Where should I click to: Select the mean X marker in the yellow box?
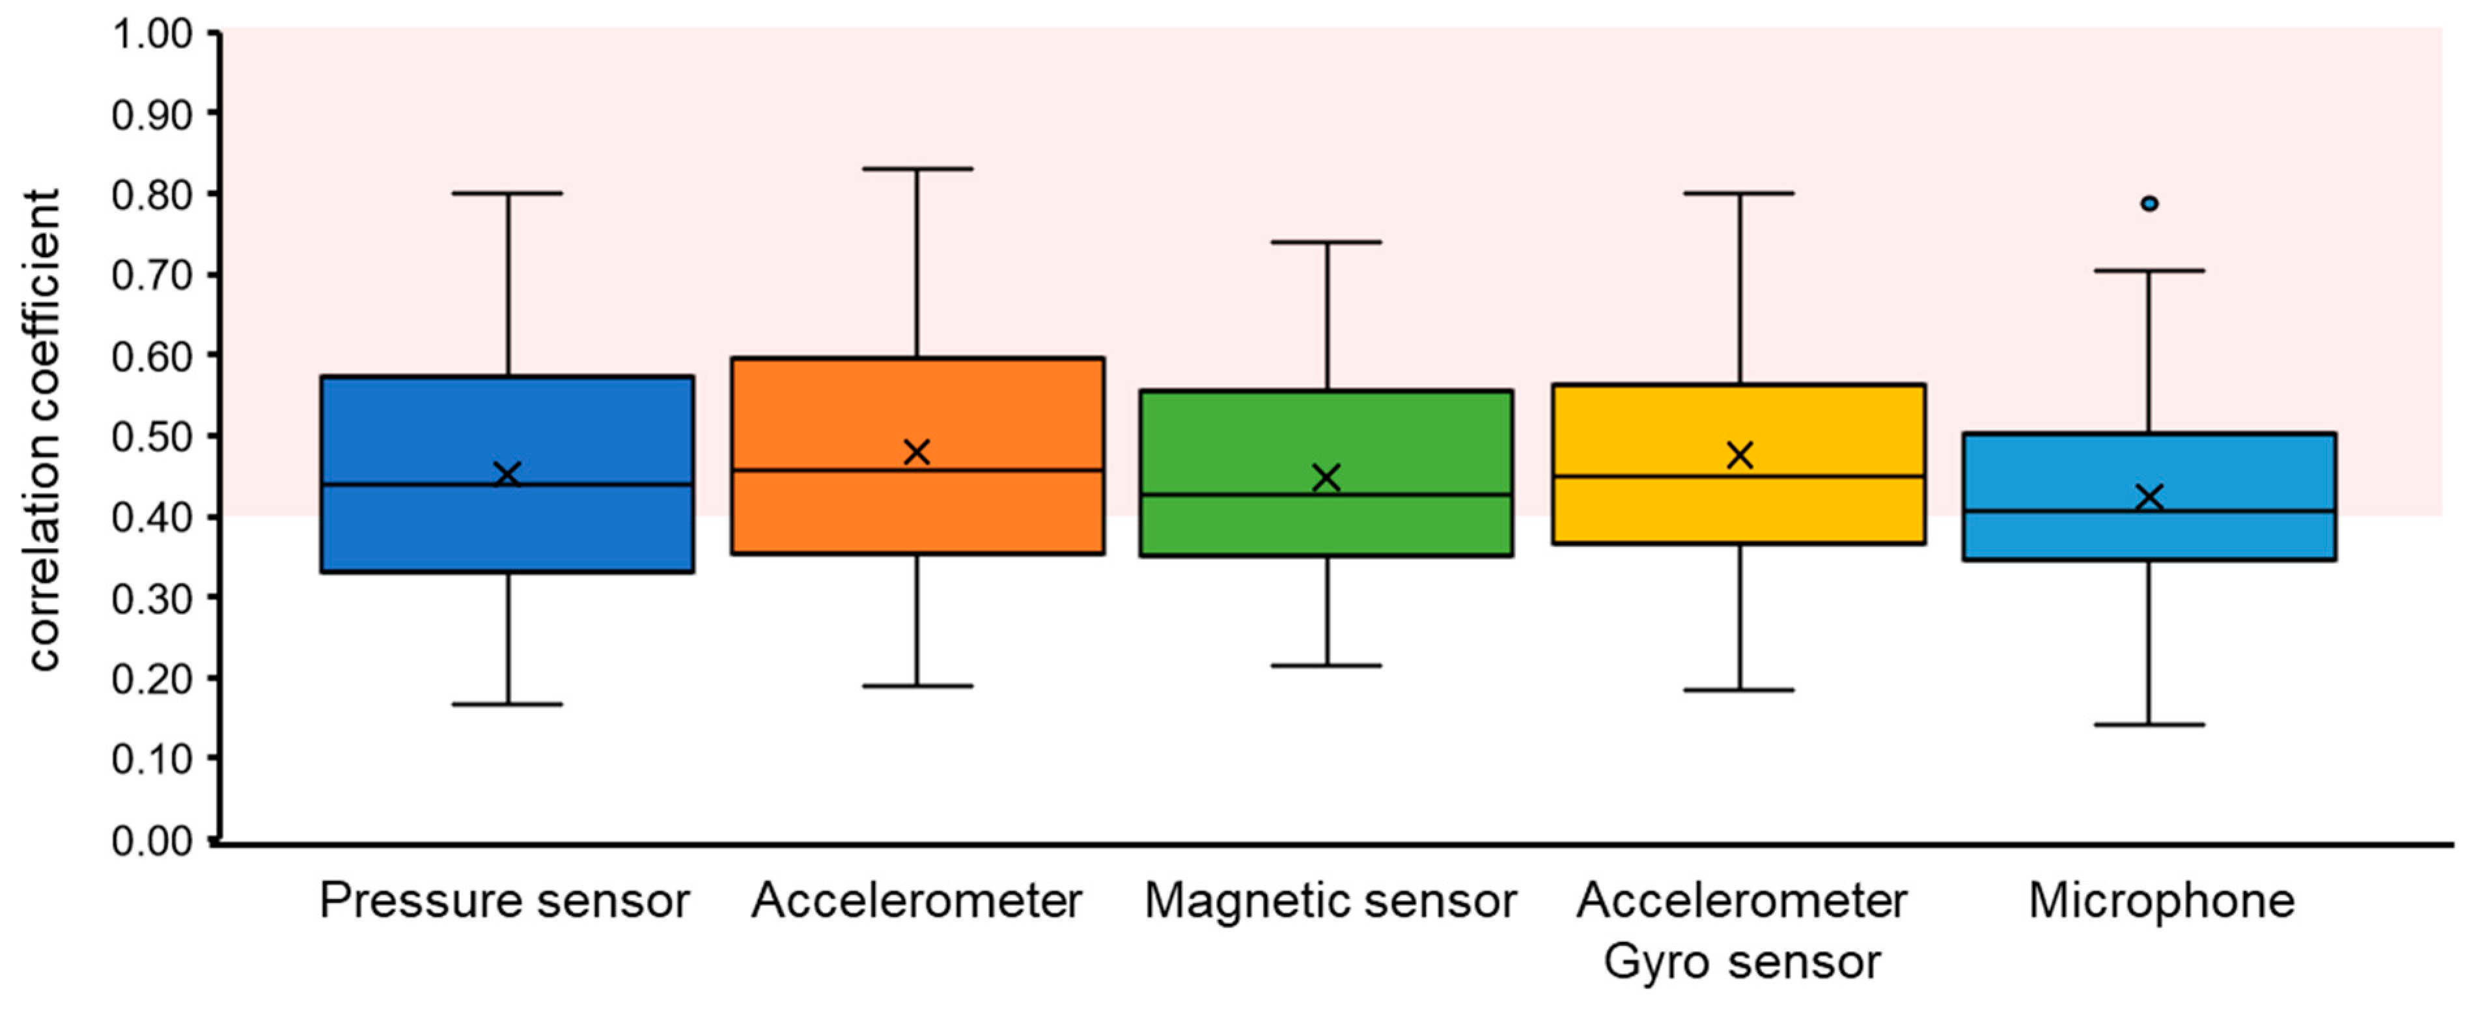pyautogui.click(x=1740, y=455)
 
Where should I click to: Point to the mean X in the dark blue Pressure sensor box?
pyautogui.click(x=507, y=475)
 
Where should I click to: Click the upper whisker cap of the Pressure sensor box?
pyautogui.click(x=507, y=193)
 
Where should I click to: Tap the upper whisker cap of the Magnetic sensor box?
pyautogui.click(x=1328, y=242)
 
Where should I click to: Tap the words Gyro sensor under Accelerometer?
pyautogui.click(x=1742, y=961)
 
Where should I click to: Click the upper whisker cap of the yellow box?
pyautogui.click(x=1740, y=193)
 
